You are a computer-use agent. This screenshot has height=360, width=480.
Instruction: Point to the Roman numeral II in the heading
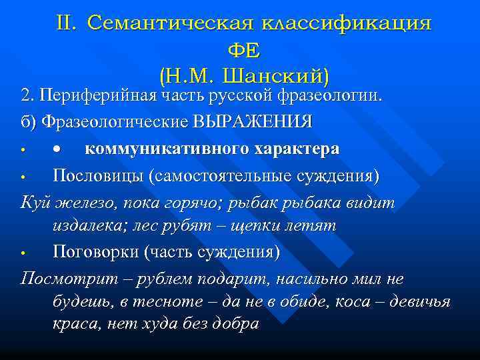pyautogui.click(x=67, y=23)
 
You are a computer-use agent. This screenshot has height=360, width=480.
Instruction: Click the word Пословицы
pyautogui.click(x=98, y=176)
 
